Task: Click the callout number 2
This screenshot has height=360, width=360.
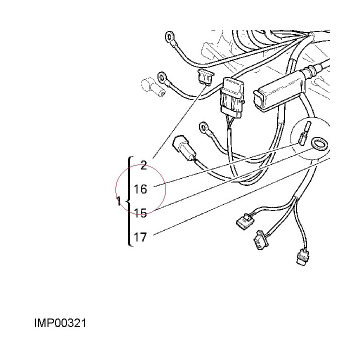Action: click(143, 165)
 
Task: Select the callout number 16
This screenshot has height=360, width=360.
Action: click(140, 189)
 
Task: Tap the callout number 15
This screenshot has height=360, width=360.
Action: click(140, 213)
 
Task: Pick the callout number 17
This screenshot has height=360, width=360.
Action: click(140, 237)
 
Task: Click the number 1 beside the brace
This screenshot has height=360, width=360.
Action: click(119, 201)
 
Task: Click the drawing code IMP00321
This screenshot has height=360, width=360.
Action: click(60, 323)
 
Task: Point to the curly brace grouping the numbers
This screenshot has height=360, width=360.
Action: click(129, 201)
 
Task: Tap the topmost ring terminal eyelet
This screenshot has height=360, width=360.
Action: click(170, 36)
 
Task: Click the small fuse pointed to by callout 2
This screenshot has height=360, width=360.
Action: click(205, 76)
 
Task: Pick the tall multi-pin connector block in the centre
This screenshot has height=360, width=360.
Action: click(232, 97)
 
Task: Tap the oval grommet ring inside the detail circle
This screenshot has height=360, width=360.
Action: click(319, 144)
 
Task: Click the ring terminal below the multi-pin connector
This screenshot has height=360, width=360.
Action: click(203, 127)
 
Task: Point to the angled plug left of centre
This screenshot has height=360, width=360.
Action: click(184, 148)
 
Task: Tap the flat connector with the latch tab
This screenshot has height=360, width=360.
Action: click(245, 219)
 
